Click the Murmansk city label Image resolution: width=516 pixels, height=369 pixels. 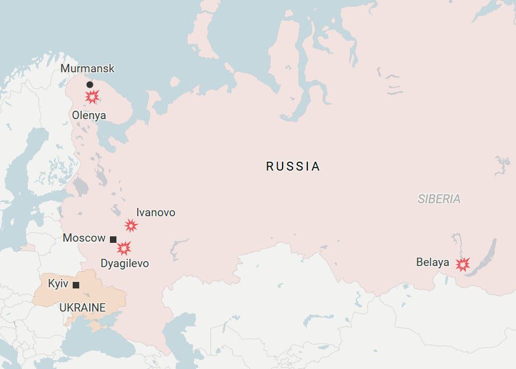[x=87, y=69]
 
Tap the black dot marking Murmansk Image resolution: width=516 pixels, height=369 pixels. [x=90, y=85]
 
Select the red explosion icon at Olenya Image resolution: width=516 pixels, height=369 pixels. [x=92, y=97]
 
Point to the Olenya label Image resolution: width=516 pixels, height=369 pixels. [x=89, y=115]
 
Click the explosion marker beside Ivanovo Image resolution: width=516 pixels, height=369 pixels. [x=131, y=225]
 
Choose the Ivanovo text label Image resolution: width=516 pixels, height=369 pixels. [x=155, y=212]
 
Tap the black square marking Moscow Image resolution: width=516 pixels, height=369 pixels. [x=113, y=239]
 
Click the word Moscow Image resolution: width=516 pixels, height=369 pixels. [x=84, y=238]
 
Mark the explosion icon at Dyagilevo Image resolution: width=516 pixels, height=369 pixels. [x=124, y=248]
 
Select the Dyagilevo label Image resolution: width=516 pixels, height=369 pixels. [x=125, y=263]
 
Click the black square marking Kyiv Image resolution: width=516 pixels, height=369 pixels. [x=76, y=285]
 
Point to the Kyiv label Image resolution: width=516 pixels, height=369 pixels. [x=58, y=284]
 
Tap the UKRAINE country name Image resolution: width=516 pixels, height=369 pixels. [x=82, y=307]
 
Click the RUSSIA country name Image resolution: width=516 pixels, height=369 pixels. [x=293, y=166]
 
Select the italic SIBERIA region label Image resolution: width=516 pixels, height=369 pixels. [x=439, y=199]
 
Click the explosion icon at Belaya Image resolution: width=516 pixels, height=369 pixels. [x=462, y=264]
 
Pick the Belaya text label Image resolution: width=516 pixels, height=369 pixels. [x=432, y=262]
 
